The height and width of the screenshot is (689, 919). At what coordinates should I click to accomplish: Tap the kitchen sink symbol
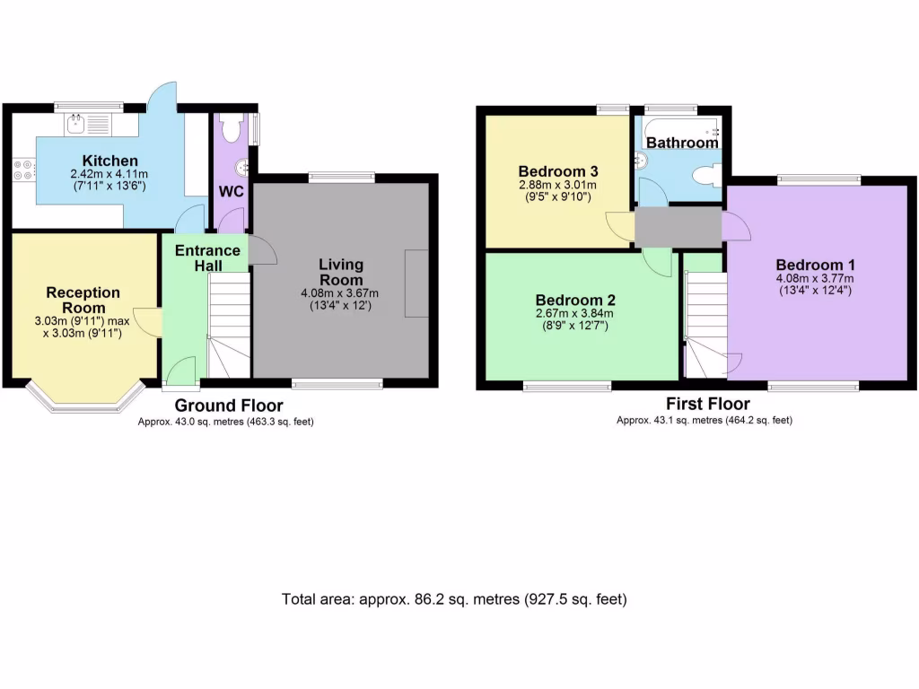click(87, 124)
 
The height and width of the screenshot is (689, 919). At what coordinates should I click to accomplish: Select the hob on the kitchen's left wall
click(21, 170)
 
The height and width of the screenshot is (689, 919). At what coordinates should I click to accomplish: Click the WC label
click(231, 193)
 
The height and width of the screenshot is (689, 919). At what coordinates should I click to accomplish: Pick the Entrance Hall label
click(207, 257)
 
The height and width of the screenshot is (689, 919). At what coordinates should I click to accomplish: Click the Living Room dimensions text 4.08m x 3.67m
click(341, 293)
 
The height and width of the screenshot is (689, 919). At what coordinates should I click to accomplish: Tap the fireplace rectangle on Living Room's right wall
click(416, 283)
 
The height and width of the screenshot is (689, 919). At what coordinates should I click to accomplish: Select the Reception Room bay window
click(85, 400)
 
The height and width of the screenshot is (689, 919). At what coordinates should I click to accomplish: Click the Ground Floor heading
click(228, 406)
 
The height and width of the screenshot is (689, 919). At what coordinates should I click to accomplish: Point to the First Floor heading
click(704, 403)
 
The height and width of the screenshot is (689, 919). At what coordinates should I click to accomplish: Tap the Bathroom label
click(682, 143)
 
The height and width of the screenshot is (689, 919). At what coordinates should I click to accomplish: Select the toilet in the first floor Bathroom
click(709, 174)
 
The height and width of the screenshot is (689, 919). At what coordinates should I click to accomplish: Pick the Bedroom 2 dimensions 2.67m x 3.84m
click(574, 313)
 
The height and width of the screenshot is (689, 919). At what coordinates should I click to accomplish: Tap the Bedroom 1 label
click(815, 265)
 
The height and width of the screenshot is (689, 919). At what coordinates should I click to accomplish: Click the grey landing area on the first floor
click(678, 226)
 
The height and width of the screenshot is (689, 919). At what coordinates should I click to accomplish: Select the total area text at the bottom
click(454, 599)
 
